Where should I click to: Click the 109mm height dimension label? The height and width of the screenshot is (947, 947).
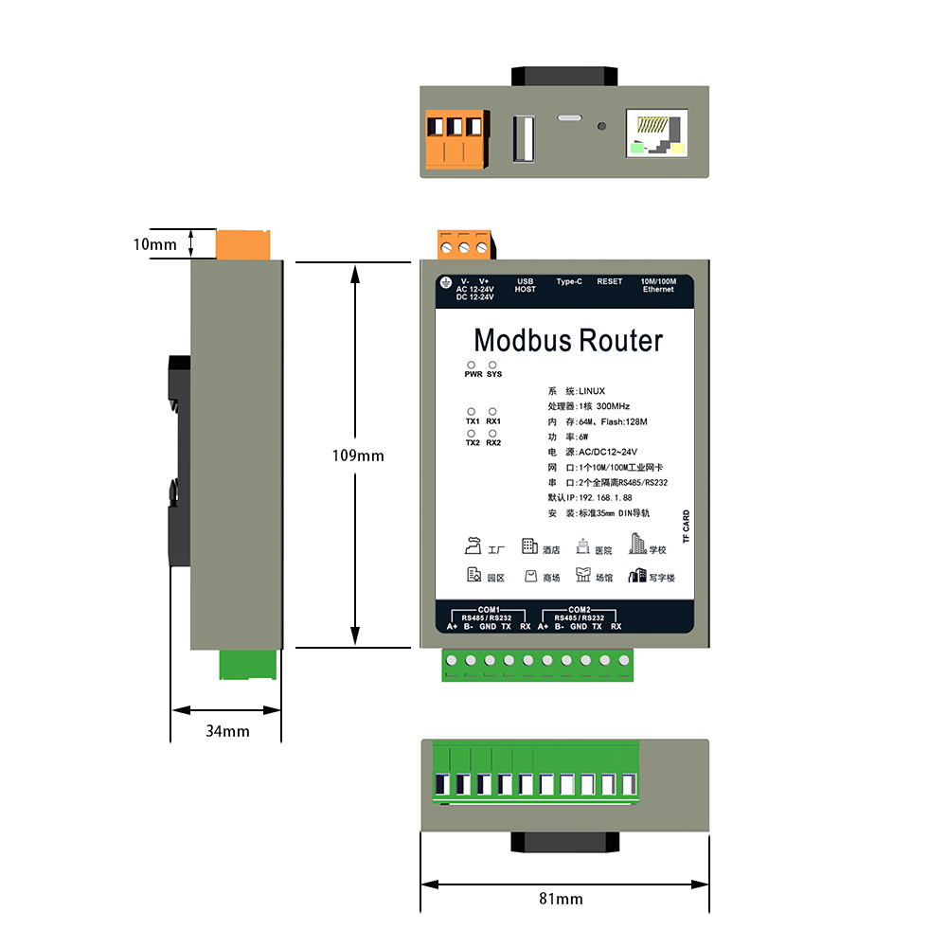358,456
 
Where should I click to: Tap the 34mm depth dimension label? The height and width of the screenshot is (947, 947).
227,731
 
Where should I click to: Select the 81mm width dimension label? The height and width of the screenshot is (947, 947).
561,900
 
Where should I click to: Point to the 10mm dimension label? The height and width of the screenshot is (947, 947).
155,244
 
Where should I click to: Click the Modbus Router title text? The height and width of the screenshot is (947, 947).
568,341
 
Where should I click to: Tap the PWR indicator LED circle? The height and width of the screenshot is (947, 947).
471,365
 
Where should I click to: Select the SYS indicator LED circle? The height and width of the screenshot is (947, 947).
492,365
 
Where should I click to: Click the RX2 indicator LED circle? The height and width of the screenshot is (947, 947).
492,434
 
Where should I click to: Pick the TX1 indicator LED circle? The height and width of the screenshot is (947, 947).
471,412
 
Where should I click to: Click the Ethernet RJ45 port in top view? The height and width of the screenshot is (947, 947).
657,134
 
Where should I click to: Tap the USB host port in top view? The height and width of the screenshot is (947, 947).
524,139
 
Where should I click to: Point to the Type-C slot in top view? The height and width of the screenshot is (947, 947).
569,117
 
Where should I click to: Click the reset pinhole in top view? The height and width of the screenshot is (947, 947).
601,126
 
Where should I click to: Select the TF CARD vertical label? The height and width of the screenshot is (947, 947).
686,527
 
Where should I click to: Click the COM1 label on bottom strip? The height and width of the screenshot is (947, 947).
489,610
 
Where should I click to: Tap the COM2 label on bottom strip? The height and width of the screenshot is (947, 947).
580,610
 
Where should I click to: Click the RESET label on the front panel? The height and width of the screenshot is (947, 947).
609,281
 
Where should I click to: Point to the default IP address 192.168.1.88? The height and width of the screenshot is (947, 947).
605,498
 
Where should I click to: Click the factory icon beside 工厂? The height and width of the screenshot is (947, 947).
473,545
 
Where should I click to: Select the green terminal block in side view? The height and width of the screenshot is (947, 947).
247,665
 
